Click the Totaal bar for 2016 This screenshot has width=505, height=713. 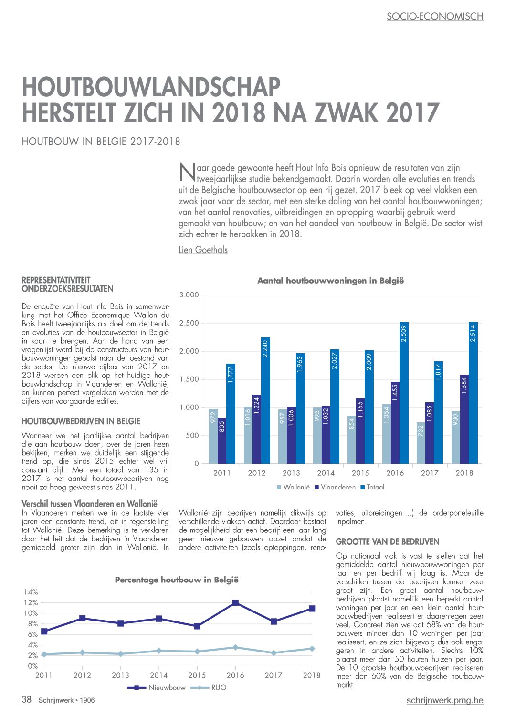(x=404, y=393)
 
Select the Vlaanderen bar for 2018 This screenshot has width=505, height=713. (x=464, y=419)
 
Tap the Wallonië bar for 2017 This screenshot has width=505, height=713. (x=421, y=443)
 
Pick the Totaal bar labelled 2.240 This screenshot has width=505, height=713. (x=265, y=400)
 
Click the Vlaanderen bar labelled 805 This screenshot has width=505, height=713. (x=222, y=441)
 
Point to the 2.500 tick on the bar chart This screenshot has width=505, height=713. (x=189, y=323)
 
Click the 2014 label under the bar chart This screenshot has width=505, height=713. (x=326, y=473)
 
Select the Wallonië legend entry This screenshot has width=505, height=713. (x=293, y=487)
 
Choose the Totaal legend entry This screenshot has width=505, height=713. (x=372, y=487)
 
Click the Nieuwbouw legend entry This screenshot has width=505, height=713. (x=156, y=688)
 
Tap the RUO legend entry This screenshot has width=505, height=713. (x=208, y=688)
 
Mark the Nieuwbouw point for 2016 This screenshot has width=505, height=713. (x=236, y=602)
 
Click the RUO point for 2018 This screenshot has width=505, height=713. (x=312, y=648)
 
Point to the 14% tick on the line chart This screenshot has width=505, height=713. (x=31, y=592)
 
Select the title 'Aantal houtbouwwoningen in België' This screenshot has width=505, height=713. (x=331, y=281)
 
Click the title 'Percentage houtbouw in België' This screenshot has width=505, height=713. (x=177, y=580)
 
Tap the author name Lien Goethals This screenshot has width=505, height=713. (x=203, y=250)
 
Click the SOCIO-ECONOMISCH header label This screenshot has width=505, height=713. (x=435, y=16)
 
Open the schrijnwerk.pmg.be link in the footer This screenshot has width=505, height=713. (x=445, y=700)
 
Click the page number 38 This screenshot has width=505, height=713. (x=27, y=699)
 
